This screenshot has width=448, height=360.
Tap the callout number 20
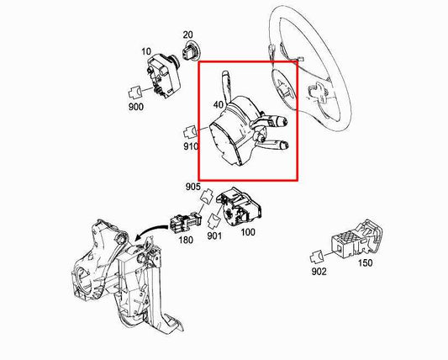click(189, 34)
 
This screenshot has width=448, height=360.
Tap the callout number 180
click(185, 239)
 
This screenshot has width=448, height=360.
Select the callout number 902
click(318, 273)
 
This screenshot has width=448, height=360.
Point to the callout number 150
click(365, 262)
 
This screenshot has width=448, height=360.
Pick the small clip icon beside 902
click(317, 256)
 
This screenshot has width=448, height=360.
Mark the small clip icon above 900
click(134, 90)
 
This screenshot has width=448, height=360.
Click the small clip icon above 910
click(190, 131)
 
